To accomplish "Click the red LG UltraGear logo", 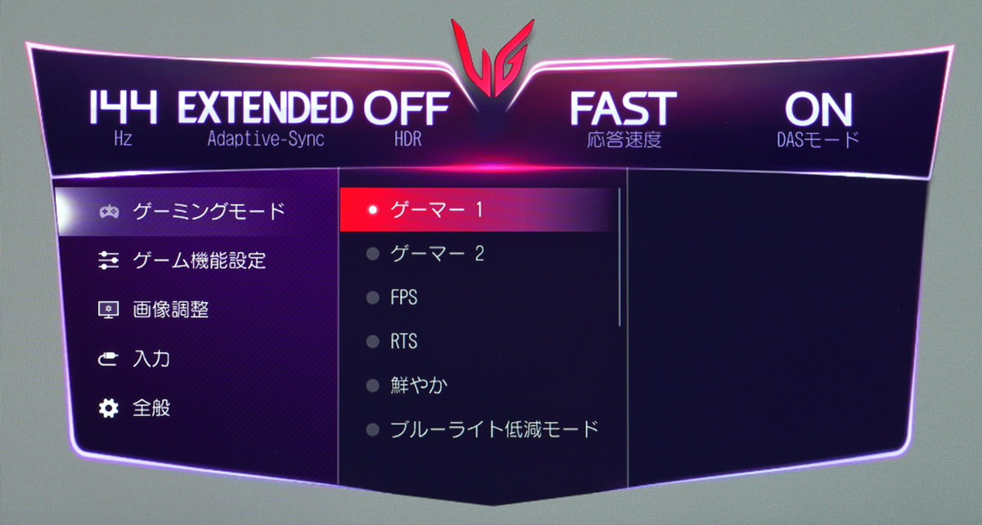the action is pos(493,57).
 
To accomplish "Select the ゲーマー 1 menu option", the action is pos(437,209).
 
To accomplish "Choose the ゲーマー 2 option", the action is pos(437,254).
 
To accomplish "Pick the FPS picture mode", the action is pos(403,298).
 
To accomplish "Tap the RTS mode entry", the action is pos(403,341).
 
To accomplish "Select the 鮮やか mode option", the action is pos(419,385).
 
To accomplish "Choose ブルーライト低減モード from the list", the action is pos(494,429).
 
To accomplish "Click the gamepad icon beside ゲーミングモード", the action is pos(109,212).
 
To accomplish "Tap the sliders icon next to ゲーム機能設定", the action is pos(108,260).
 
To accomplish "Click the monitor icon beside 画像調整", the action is pos(108,310).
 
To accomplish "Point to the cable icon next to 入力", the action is pos(108,359).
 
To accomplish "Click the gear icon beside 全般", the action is pos(108,408).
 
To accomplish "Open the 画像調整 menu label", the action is pos(170,309).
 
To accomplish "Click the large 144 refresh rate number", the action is pos(124,107).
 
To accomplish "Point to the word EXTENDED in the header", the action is pos(266,107).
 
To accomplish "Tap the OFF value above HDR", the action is pos(407,107).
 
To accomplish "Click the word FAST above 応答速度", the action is pos(623,108).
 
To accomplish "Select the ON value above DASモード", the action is pos(819,109).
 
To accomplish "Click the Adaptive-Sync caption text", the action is pos(266,139).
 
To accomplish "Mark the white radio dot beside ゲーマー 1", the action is pos(372,210).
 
